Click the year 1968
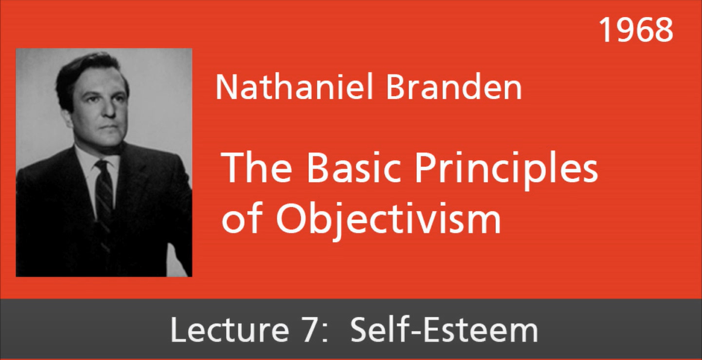(x=636, y=30)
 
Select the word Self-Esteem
(x=444, y=331)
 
